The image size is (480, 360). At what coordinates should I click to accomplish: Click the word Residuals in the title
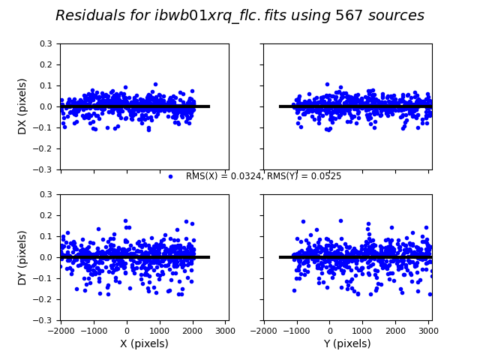88,16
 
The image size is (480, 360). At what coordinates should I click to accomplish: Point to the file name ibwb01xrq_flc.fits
218,16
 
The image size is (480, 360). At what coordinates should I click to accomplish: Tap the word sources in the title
394,16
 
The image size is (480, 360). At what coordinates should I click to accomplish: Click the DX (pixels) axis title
22,106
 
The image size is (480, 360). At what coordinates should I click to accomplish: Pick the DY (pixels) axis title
22,257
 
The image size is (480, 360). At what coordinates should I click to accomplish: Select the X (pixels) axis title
145,343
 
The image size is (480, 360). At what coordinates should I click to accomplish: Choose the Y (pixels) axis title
347,343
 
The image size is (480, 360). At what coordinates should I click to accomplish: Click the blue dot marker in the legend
170,176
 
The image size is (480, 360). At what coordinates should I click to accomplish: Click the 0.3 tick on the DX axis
46,43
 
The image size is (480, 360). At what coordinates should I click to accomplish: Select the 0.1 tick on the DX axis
46,85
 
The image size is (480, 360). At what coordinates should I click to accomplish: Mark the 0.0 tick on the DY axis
46,257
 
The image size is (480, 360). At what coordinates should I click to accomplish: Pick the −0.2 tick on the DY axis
43,299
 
